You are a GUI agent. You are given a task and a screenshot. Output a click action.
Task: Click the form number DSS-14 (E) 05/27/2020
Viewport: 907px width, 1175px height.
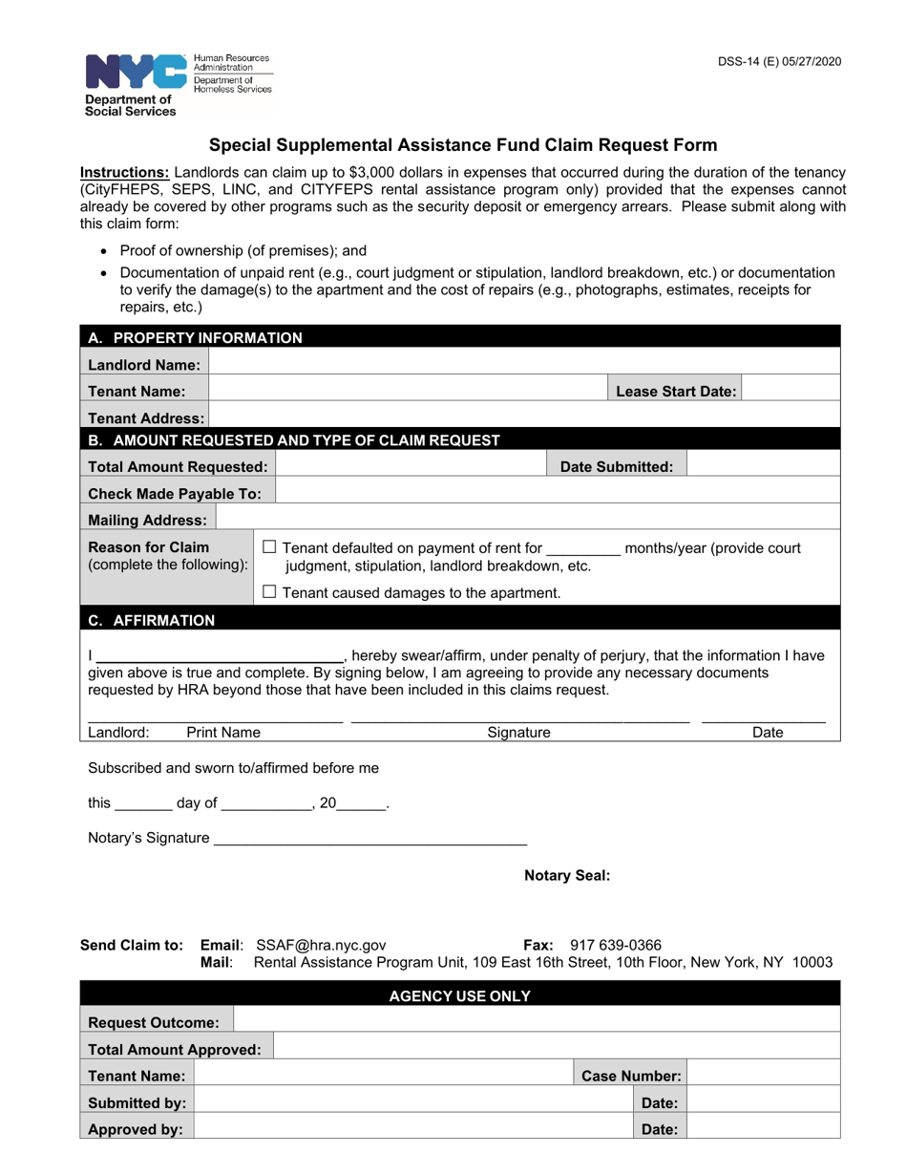click(x=779, y=62)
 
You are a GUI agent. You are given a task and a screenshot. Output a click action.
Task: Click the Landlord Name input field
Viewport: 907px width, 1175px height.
click(x=523, y=364)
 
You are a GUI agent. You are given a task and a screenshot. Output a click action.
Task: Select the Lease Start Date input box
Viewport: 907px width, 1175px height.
click(x=790, y=391)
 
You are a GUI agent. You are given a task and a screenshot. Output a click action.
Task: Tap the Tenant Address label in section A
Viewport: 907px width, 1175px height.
click(x=146, y=417)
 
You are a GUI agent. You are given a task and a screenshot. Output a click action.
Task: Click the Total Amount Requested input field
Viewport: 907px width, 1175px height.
click(x=411, y=466)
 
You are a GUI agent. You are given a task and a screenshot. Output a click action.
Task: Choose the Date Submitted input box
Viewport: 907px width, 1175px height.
click(x=763, y=466)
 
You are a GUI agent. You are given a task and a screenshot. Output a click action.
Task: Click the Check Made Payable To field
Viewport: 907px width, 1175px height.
click(x=558, y=493)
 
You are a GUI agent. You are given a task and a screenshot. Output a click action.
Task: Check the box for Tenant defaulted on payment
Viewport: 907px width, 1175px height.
click(x=269, y=547)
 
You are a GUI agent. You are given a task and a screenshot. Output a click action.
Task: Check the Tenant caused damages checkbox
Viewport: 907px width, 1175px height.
click(x=269, y=592)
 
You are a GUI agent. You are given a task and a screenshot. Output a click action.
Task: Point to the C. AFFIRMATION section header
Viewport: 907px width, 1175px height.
click(x=152, y=620)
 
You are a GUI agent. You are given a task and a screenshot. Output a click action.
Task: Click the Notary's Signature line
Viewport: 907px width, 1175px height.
click(x=370, y=838)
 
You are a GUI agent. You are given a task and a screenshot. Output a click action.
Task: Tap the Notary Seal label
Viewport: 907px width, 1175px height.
click(x=567, y=875)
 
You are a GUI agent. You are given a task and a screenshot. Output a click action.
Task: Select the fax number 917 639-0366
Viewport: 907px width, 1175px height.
click(x=615, y=944)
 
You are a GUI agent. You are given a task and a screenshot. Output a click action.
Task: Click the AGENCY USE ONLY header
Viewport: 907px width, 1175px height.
click(x=459, y=995)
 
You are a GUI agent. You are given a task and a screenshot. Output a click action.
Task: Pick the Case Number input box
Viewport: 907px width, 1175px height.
click(x=763, y=1075)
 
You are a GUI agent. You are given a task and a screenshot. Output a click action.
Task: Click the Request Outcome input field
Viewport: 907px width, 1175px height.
click(x=537, y=1021)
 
